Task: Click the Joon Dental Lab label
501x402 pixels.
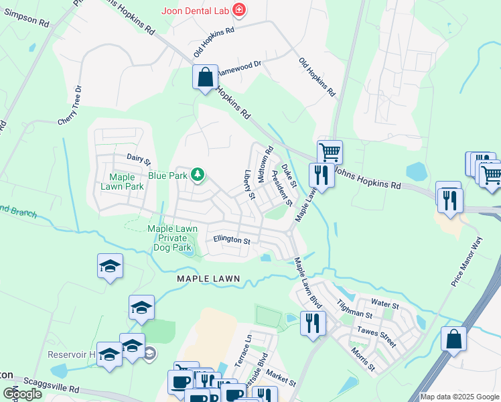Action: pyautogui.click(x=194, y=10)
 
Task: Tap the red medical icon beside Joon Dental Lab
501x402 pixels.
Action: pyautogui.click(x=238, y=10)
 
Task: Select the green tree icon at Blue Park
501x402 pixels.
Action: pyautogui.click(x=197, y=175)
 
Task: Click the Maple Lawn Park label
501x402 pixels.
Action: pyautogui.click(x=122, y=182)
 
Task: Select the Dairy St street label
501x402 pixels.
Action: pyautogui.click(x=139, y=157)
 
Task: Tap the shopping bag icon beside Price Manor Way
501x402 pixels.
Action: pyautogui.click(x=453, y=339)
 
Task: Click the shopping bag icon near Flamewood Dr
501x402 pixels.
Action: pyautogui.click(x=205, y=76)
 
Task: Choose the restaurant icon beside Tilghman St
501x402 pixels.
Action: pyautogui.click(x=313, y=324)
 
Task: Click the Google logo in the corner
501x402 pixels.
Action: pyautogui.click(x=22, y=394)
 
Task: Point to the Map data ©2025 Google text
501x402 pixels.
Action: pyautogui.click(x=459, y=397)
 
